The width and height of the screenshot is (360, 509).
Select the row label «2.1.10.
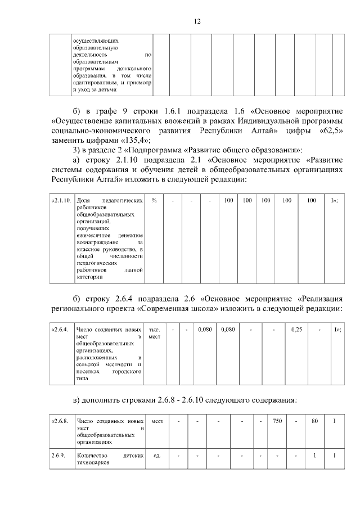pos(61,200)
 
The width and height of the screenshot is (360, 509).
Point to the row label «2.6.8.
pos(60,421)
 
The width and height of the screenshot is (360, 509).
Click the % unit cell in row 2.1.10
pos(154,200)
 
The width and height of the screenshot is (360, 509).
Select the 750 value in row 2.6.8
pos(277,421)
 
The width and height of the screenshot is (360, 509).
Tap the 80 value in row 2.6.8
pos(315,421)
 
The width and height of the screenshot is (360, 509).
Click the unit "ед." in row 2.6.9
pos(157,456)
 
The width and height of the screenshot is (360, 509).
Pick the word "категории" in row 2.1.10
pos(88,277)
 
